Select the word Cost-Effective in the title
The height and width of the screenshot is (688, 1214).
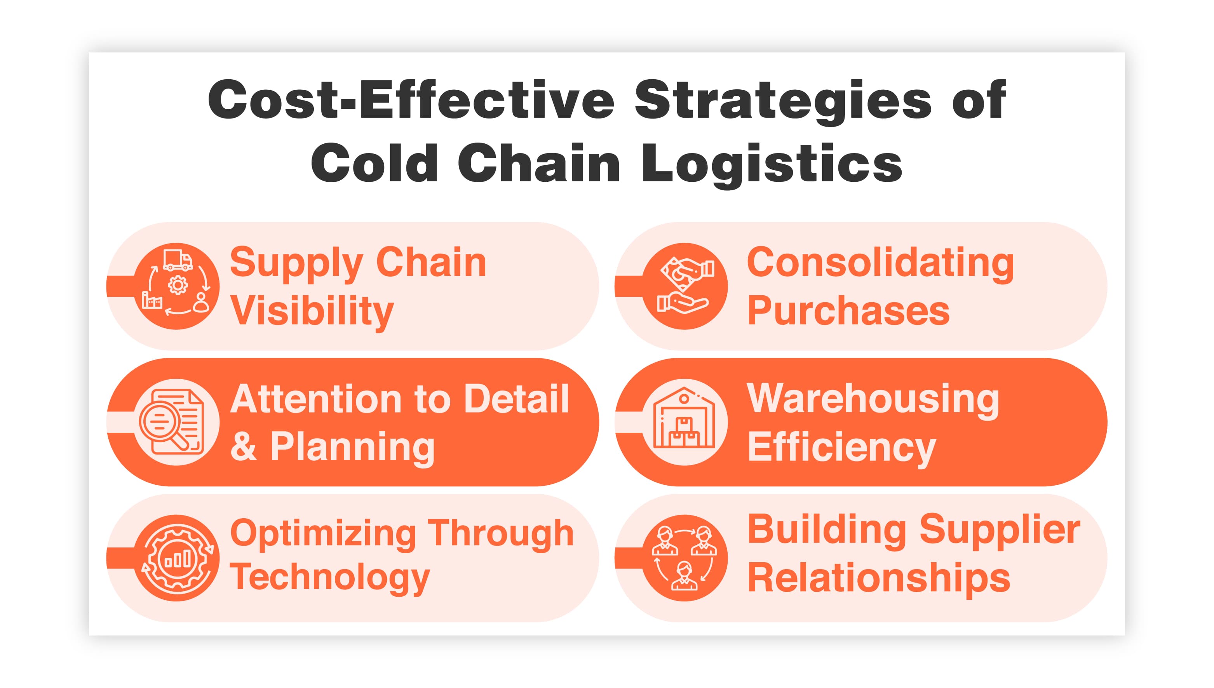pos(411,100)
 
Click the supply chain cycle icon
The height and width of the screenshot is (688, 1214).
pos(177,286)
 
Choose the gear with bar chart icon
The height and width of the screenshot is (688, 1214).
pos(177,558)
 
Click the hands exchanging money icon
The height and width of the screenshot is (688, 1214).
pos(685,286)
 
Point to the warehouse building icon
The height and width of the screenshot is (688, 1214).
pos(684,422)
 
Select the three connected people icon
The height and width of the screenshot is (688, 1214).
pos(684,558)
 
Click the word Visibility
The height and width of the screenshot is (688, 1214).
pos(312,312)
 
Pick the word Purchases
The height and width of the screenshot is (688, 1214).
pos(848,312)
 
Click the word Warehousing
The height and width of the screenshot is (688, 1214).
pos(873,400)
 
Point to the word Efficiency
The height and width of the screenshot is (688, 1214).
pos(841,448)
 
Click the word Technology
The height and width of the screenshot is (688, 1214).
pos(330,577)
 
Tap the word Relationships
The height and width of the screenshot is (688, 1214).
pos(879,578)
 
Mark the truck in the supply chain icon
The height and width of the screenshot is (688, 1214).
pos(178,260)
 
